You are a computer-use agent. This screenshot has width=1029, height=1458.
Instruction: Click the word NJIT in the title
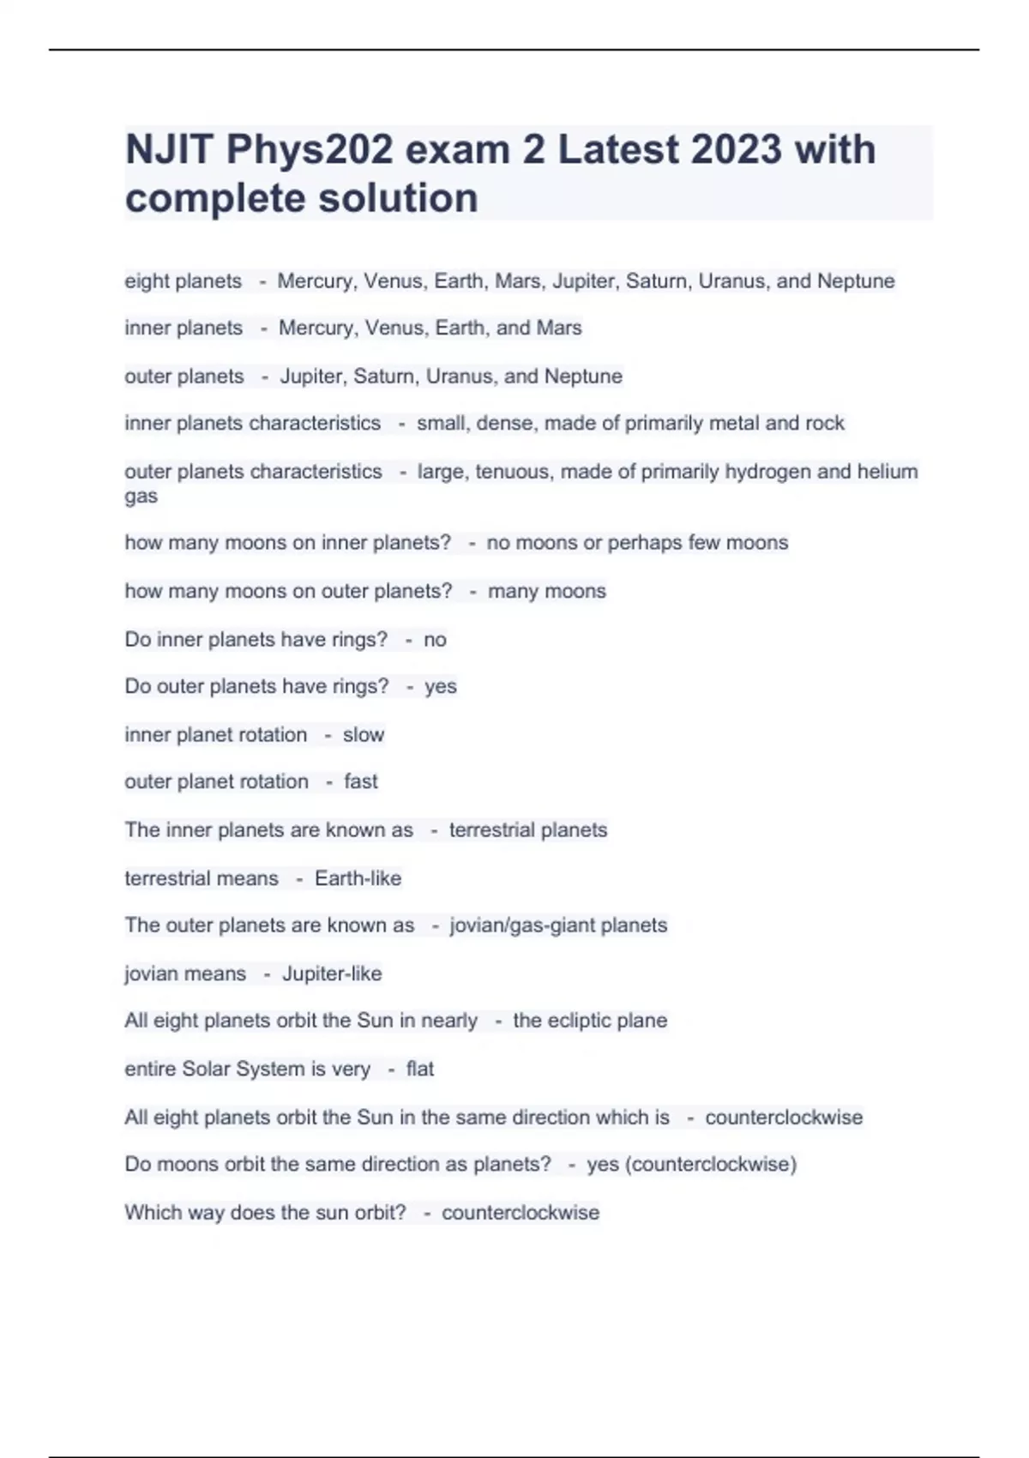pyautogui.click(x=167, y=150)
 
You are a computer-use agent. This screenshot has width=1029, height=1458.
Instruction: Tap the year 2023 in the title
pyautogui.click(x=737, y=150)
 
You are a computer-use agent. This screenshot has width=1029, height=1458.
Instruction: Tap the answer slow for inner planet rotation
pyautogui.click(x=364, y=735)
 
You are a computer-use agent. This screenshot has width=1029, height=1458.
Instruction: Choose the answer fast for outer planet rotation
pyautogui.click(x=361, y=781)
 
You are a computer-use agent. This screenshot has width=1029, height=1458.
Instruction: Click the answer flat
pyautogui.click(x=420, y=1069)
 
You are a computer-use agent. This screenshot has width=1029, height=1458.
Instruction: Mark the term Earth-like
pyautogui.click(x=358, y=878)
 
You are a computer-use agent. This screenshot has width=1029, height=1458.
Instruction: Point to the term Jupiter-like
pyautogui.click(x=332, y=973)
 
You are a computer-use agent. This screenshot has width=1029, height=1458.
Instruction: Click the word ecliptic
pyautogui.click(x=579, y=1021)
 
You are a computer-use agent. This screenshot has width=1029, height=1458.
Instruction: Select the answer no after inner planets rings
pyautogui.click(x=435, y=640)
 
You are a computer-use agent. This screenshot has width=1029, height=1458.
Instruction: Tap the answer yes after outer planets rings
pyautogui.click(x=441, y=687)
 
